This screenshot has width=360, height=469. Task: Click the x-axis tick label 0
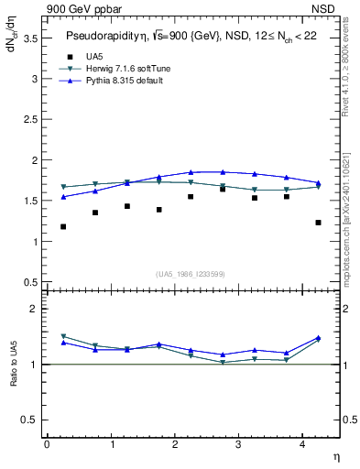(47, 444)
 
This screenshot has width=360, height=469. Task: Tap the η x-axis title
(335, 455)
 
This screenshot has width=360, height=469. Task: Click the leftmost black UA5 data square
(63, 226)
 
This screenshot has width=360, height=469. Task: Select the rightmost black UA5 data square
(318, 223)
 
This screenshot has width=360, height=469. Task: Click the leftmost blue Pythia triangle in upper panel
(63, 197)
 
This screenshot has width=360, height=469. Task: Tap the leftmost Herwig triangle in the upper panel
(63, 187)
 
